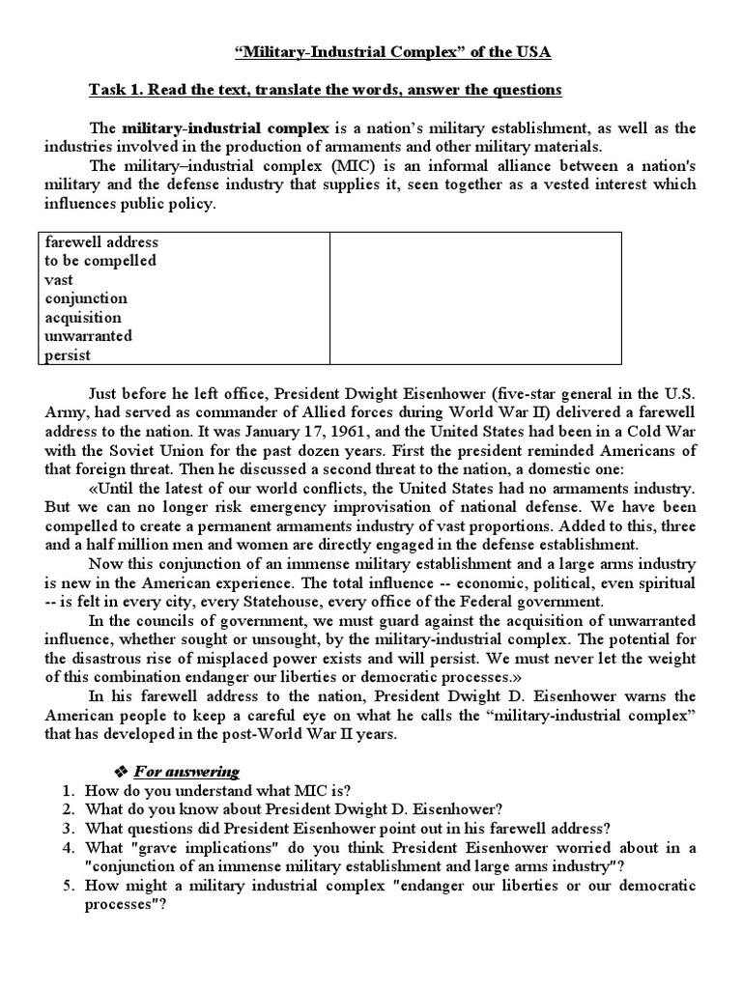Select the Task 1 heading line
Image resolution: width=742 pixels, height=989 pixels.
coord(325,90)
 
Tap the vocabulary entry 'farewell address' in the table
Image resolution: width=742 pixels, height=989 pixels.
coord(101,241)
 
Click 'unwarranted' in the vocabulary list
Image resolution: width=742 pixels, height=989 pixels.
coord(88,336)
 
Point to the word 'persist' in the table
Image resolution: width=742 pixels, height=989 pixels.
coord(68,355)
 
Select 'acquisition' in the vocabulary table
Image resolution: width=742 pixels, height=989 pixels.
coord(83,318)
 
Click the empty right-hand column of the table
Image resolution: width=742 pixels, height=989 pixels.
coord(475,298)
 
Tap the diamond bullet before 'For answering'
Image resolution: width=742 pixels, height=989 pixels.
coord(122,771)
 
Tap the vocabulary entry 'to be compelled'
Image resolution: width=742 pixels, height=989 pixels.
coord(100,261)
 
